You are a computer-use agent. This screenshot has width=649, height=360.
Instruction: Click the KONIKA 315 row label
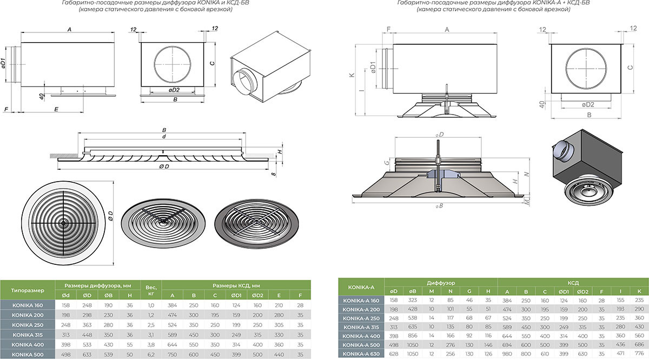[28, 335]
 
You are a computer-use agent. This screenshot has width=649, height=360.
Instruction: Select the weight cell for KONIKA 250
[151, 324]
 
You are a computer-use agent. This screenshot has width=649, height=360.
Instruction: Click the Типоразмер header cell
[28, 290]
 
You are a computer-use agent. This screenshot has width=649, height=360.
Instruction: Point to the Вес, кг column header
[151, 290]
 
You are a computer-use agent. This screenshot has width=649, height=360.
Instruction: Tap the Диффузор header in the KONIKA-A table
[440, 283]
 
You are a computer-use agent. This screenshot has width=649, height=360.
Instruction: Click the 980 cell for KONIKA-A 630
[507, 354]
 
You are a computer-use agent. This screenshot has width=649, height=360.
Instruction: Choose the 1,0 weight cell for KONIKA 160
[151, 305]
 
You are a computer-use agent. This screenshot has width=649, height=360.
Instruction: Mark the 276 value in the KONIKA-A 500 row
[450, 345]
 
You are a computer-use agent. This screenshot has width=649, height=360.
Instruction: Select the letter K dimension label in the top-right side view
[352, 76]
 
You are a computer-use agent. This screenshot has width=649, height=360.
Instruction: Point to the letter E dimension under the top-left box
[56, 109]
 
